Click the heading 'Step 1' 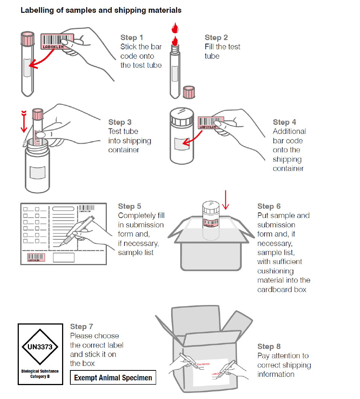[x=132, y=38]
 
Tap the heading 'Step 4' [x=284, y=122]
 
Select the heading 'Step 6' [x=269, y=206]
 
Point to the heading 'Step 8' [x=269, y=347]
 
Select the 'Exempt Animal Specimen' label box [x=113, y=378]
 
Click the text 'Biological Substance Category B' [x=40, y=373]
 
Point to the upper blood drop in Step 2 [x=175, y=27]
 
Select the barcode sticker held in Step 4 [x=211, y=123]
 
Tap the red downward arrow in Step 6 [x=225, y=200]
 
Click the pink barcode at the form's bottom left [x=36, y=257]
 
